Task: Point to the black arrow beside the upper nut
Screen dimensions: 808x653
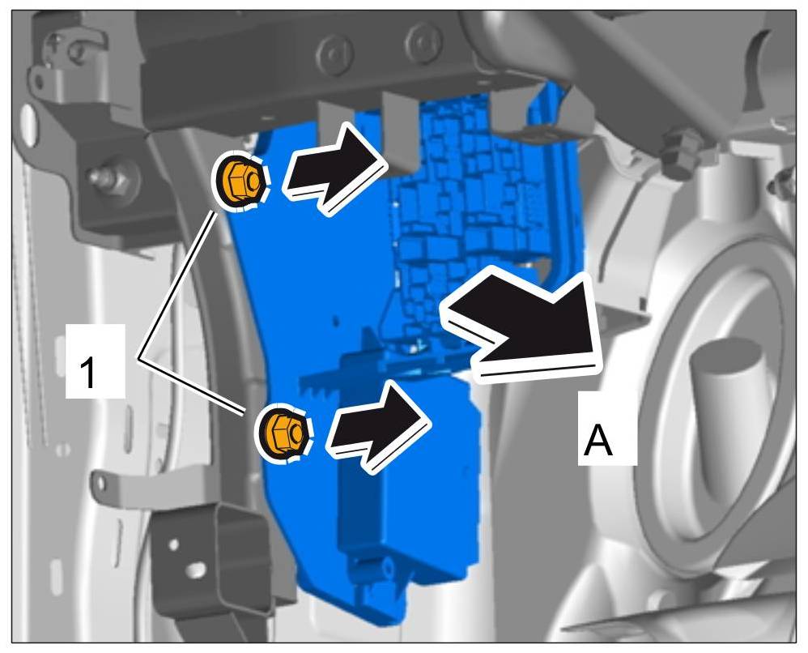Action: (332, 168)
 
